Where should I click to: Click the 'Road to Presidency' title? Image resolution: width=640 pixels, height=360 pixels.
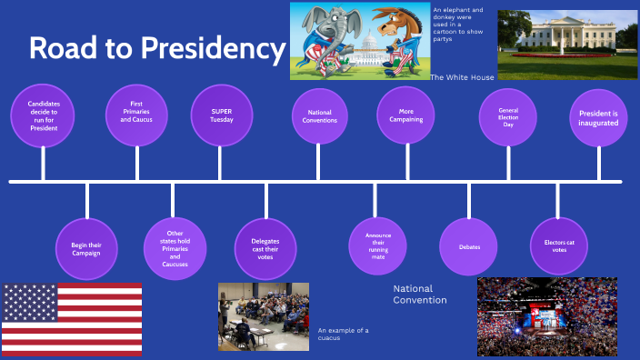(156, 49)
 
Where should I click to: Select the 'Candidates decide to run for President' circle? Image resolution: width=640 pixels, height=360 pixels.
(43, 116)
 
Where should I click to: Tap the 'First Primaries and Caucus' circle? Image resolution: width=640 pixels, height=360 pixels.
(137, 114)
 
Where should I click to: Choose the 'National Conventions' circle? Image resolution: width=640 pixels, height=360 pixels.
(318, 117)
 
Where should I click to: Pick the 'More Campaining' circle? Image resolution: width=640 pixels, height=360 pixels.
(405, 115)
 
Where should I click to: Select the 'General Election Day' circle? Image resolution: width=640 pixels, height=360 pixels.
(507, 117)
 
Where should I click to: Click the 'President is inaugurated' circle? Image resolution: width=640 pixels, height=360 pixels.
(599, 117)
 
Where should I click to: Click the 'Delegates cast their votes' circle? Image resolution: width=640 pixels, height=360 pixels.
(265, 246)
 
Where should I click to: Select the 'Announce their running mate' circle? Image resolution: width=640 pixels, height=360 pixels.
(378, 246)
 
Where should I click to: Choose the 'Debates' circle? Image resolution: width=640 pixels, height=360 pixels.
(469, 246)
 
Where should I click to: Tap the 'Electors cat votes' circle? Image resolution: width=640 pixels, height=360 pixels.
(559, 246)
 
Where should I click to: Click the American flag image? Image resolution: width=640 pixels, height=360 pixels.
(72, 319)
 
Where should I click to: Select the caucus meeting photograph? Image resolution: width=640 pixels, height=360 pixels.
(263, 316)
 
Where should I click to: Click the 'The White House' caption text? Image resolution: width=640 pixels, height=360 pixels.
(462, 77)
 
